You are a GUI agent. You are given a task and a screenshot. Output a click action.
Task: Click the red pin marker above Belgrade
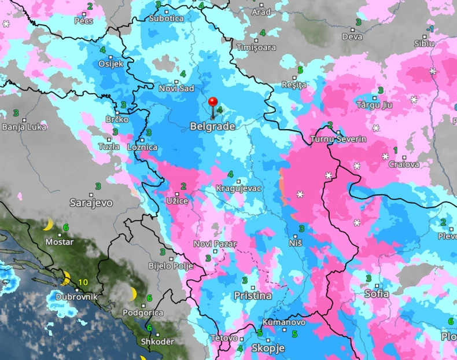click(x=213, y=103)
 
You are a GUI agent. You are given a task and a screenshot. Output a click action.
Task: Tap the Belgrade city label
click(x=212, y=126)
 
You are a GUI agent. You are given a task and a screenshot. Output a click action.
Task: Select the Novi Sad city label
click(x=176, y=89)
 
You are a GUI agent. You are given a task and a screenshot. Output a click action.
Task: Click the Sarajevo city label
click(x=91, y=203)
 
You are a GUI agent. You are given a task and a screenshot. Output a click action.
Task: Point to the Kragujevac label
click(x=238, y=189)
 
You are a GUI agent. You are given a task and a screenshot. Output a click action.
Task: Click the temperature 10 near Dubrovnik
click(x=83, y=282)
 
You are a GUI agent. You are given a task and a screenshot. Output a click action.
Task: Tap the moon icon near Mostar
click(x=48, y=225)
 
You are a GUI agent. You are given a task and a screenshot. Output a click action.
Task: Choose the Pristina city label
click(x=252, y=296)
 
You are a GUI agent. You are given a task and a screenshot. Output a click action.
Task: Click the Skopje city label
click(x=268, y=348)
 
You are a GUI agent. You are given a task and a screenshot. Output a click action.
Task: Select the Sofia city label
click(x=377, y=294)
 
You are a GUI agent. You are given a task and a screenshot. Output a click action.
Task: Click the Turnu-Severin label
click(x=338, y=139)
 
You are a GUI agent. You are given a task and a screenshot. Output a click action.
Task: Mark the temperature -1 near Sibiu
click(x=430, y=29)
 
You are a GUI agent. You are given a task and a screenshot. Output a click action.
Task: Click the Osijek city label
click(x=111, y=64)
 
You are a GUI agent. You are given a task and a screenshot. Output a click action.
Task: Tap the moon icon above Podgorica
click(x=134, y=293)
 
